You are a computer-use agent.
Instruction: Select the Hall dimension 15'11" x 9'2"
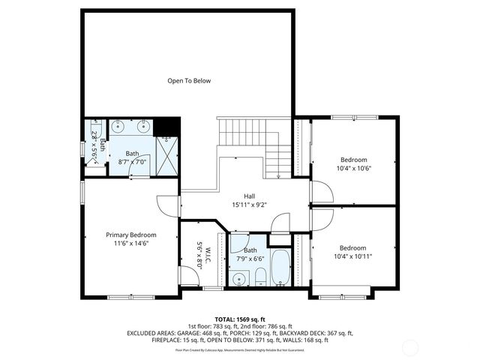click(x=250, y=202)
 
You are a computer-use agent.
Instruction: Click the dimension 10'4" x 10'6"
click(x=355, y=168)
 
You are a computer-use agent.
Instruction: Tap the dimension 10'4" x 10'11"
click(x=352, y=256)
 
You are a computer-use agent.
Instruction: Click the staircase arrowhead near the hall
click(x=277, y=177)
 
